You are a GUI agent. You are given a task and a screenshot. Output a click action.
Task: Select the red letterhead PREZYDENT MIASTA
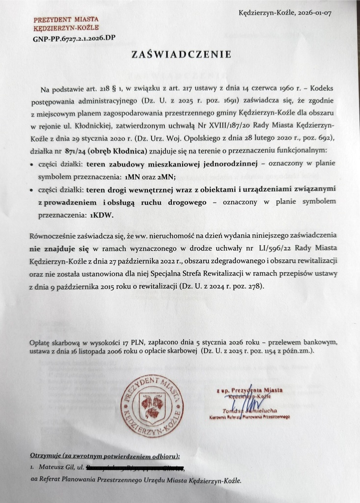coord(66,20)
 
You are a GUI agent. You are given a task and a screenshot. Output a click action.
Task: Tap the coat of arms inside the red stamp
coord(152,405)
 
